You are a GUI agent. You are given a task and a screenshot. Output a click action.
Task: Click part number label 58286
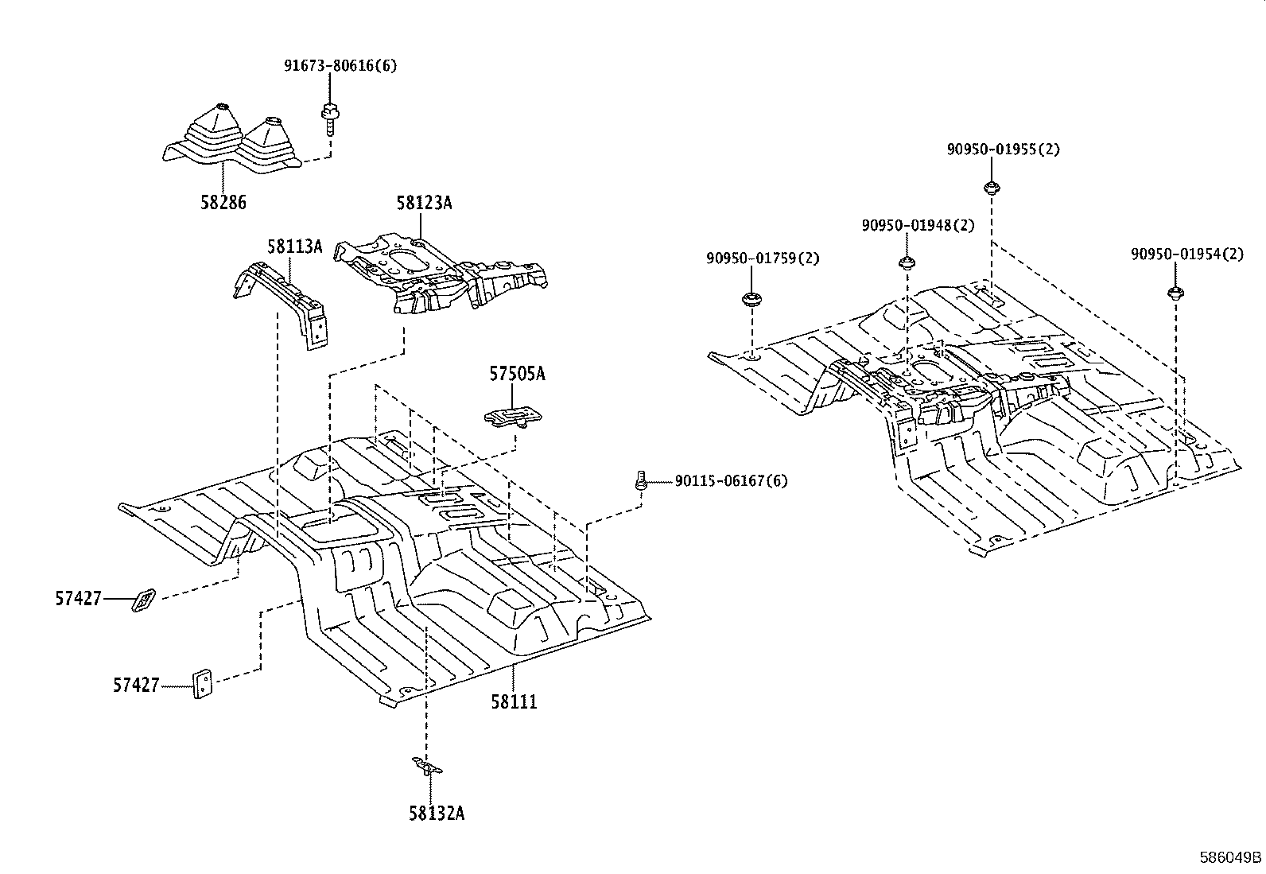tap(223, 202)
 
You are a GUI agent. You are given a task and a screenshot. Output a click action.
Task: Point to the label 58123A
tap(424, 203)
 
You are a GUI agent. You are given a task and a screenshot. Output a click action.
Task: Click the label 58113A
tap(294, 247)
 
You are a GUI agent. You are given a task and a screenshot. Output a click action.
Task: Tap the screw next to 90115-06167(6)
tap(639, 480)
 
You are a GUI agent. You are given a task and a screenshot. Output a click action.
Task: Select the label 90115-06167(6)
tap(731, 480)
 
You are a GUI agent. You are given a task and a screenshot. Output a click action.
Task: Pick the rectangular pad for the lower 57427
tap(202, 684)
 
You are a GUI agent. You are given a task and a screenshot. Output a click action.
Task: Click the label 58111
tap(514, 701)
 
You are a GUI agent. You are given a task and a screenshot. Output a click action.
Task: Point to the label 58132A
tap(437, 813)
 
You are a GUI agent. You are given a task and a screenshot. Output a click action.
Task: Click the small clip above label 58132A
tap(427, 767)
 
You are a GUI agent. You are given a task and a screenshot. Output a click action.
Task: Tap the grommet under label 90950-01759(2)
tap(750, 300)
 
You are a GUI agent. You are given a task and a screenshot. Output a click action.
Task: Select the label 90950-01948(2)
tap(918, 225)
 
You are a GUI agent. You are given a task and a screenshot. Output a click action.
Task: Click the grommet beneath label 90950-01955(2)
tap(991, 188)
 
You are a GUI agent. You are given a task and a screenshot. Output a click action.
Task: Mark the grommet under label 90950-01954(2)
tap(1174, 292)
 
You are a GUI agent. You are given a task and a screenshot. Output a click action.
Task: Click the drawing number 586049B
tap(1230, 858)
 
